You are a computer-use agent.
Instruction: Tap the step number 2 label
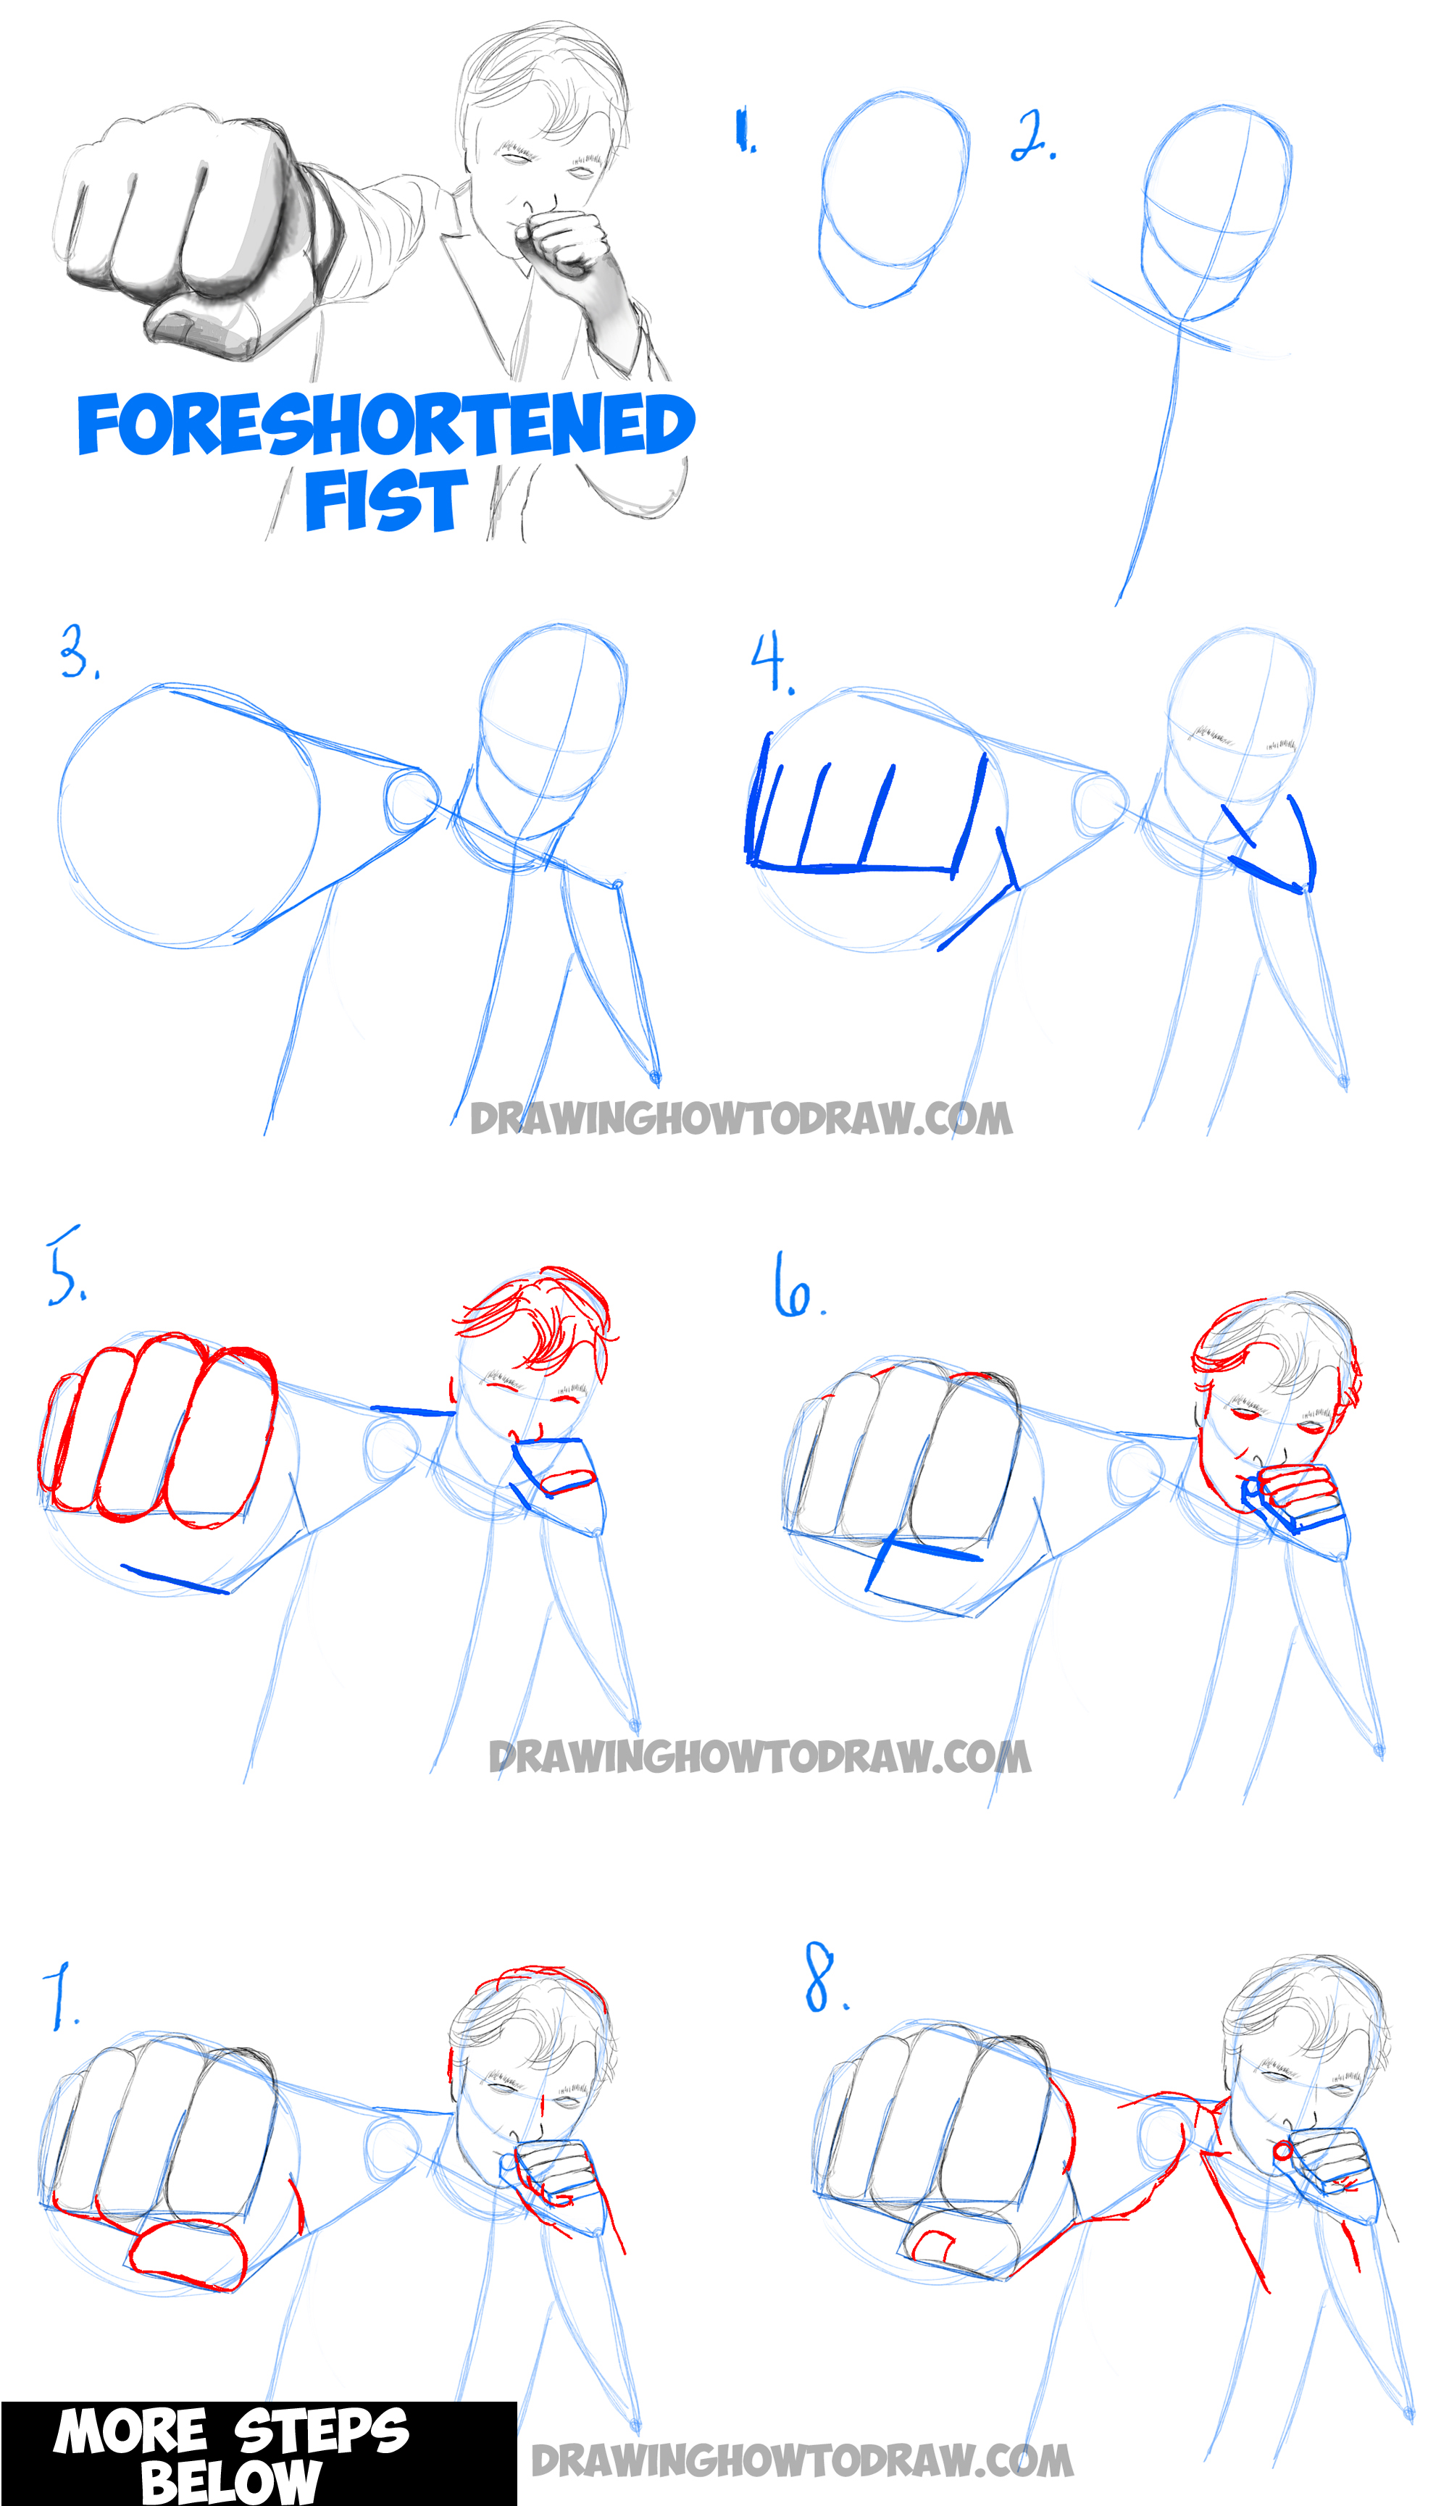point(1033,136)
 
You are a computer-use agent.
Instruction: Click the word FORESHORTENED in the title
point(386,424)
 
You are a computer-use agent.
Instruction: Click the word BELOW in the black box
point(230,2479)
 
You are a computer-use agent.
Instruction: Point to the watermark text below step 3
point(741,1119)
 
